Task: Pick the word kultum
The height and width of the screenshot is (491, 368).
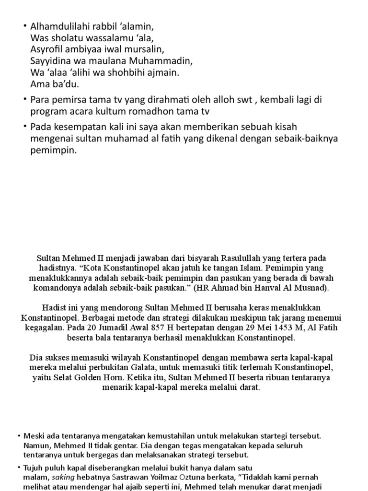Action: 104,111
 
